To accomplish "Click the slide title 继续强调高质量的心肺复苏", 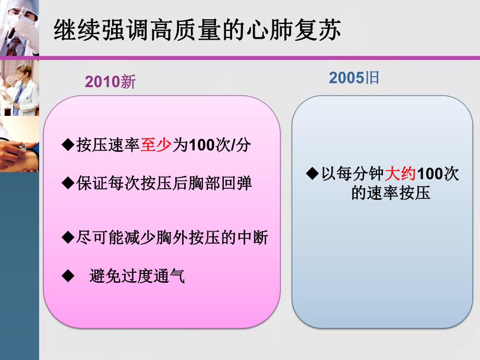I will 197,30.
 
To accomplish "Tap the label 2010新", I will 110,82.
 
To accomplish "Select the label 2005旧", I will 354,78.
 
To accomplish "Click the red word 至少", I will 156,146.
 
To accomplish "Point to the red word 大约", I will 400,174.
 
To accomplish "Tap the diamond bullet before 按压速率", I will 67,145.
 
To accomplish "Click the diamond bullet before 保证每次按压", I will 67,183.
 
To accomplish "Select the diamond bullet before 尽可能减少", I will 67,237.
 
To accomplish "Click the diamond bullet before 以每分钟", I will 312,173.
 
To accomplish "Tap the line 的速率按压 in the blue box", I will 391,194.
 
